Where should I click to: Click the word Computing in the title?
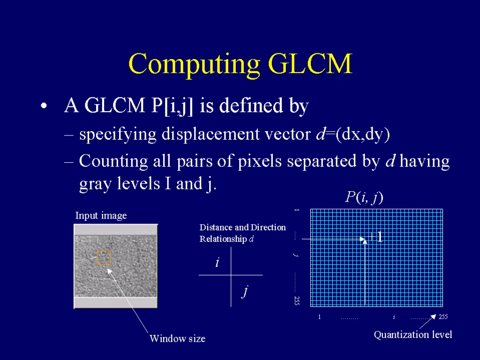194,65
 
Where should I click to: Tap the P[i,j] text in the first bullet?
172,106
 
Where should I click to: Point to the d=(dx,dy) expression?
353,134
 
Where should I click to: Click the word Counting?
113,161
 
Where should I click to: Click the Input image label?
101,216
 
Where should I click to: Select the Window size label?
178,338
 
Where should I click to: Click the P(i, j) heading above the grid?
364,197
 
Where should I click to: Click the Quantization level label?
413,335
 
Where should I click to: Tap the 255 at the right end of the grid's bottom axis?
443,317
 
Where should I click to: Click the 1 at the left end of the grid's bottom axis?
319,317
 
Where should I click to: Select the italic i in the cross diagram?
217,262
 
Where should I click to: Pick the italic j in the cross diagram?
245,291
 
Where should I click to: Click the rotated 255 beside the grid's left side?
297,300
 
